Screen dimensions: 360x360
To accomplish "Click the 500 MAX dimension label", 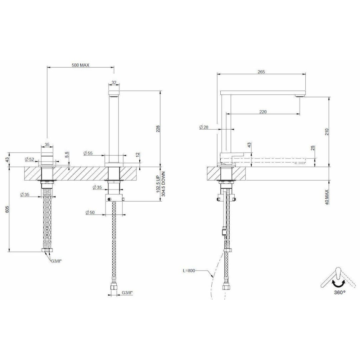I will [80, 65].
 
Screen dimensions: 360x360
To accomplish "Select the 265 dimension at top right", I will [261, 72].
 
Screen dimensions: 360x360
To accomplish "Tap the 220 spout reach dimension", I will [263, 112].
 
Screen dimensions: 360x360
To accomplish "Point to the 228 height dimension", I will [158, 129].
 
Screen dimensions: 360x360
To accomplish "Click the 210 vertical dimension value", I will [327, 132].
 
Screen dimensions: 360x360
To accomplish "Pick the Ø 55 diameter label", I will [88, 153].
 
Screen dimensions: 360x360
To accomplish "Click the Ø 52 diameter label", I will [29, 159].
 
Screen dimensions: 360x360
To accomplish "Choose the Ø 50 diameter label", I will [90, 212].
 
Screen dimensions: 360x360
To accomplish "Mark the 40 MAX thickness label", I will [327, 197].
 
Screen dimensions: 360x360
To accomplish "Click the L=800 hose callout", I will [189, 271].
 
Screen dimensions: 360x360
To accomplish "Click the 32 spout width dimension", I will [114, 82].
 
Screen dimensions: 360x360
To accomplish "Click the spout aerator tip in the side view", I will [300, 96].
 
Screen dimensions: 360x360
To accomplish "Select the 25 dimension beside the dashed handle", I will [312, 148].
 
